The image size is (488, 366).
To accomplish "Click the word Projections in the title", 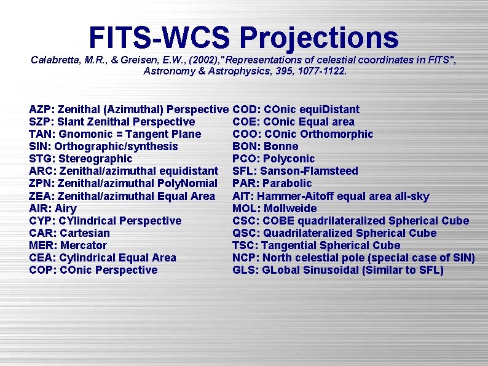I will [x=319, y=38].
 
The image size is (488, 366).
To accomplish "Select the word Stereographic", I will [x=93, y=159].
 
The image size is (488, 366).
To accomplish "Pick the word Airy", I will [x=66, y=209].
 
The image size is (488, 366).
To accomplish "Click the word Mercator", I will [x=84, y=245].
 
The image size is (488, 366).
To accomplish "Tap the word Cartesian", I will [x=85, y=233].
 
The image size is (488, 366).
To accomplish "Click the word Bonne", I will [x=281, y=146].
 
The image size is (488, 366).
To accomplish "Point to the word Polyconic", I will [x=289, y=159].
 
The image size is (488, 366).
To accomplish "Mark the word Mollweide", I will [x=290, y=209].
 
